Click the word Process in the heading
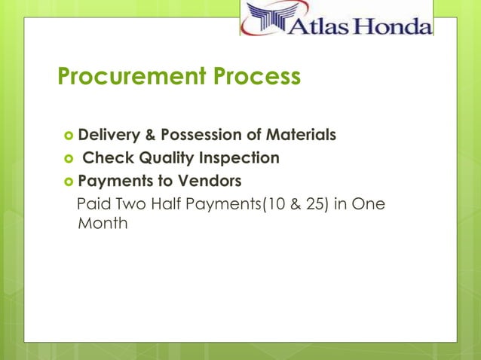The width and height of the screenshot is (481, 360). [x=259, y=77]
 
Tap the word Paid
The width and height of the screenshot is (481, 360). [x=93, y=204]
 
